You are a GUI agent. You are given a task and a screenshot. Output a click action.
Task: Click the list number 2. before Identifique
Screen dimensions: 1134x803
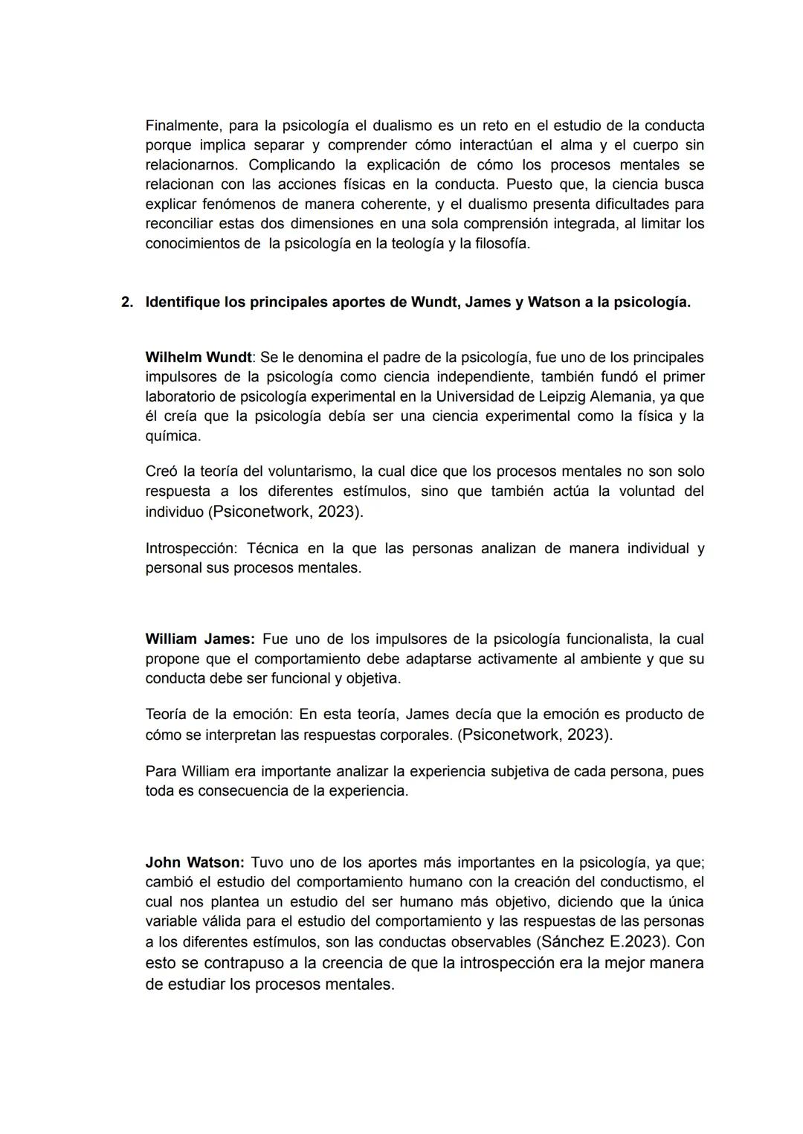tap(127, 303)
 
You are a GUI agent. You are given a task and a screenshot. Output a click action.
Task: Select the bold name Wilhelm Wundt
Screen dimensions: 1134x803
tap(198, 357)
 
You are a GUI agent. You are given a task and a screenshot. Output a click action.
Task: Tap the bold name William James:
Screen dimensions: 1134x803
tap(199, 639)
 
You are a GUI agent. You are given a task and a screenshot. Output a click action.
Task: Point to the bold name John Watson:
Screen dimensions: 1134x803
tap(194, 863)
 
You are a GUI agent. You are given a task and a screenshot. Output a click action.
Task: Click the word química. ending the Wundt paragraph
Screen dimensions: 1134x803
tap(172, 436)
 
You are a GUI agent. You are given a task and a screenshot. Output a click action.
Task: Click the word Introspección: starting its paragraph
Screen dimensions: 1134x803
tap(190, 549)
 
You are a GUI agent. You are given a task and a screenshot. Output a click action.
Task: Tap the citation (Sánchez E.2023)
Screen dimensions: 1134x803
tap(602, 941)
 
